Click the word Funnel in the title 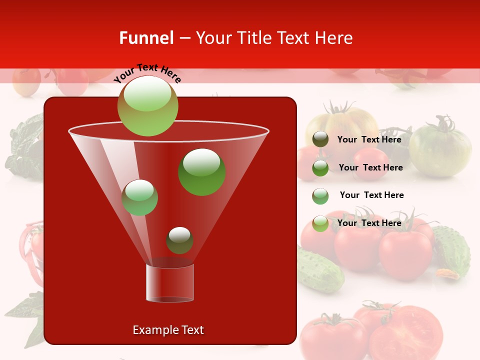point(146,38)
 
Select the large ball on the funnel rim point(147,106)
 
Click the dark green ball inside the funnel point(202,172)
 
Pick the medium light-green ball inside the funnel point(139,197)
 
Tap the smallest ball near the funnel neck point(179,240)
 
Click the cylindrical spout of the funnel point(170,283)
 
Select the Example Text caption point(168,330)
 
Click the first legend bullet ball point(320,139)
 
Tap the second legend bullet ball point(320,168)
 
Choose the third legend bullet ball point(320,196)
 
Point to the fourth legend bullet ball point(320,223)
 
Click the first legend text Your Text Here point(369,139)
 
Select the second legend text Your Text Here point(370,167)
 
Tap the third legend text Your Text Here point(371,195)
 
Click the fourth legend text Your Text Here point(369,223)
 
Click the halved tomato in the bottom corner point(407,332)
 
